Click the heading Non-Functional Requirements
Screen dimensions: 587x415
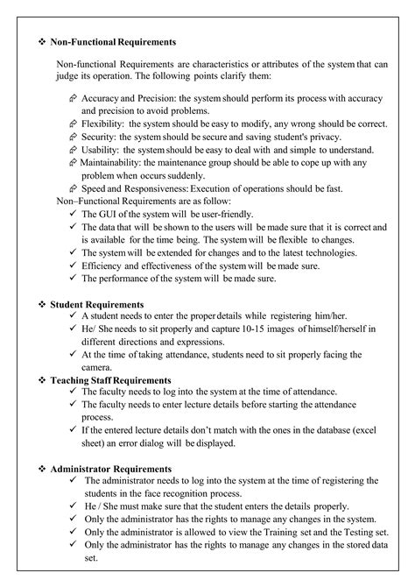pos(113,41)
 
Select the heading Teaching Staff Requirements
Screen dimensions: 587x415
pos(110,379)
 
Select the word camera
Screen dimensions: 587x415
pos(99,368)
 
